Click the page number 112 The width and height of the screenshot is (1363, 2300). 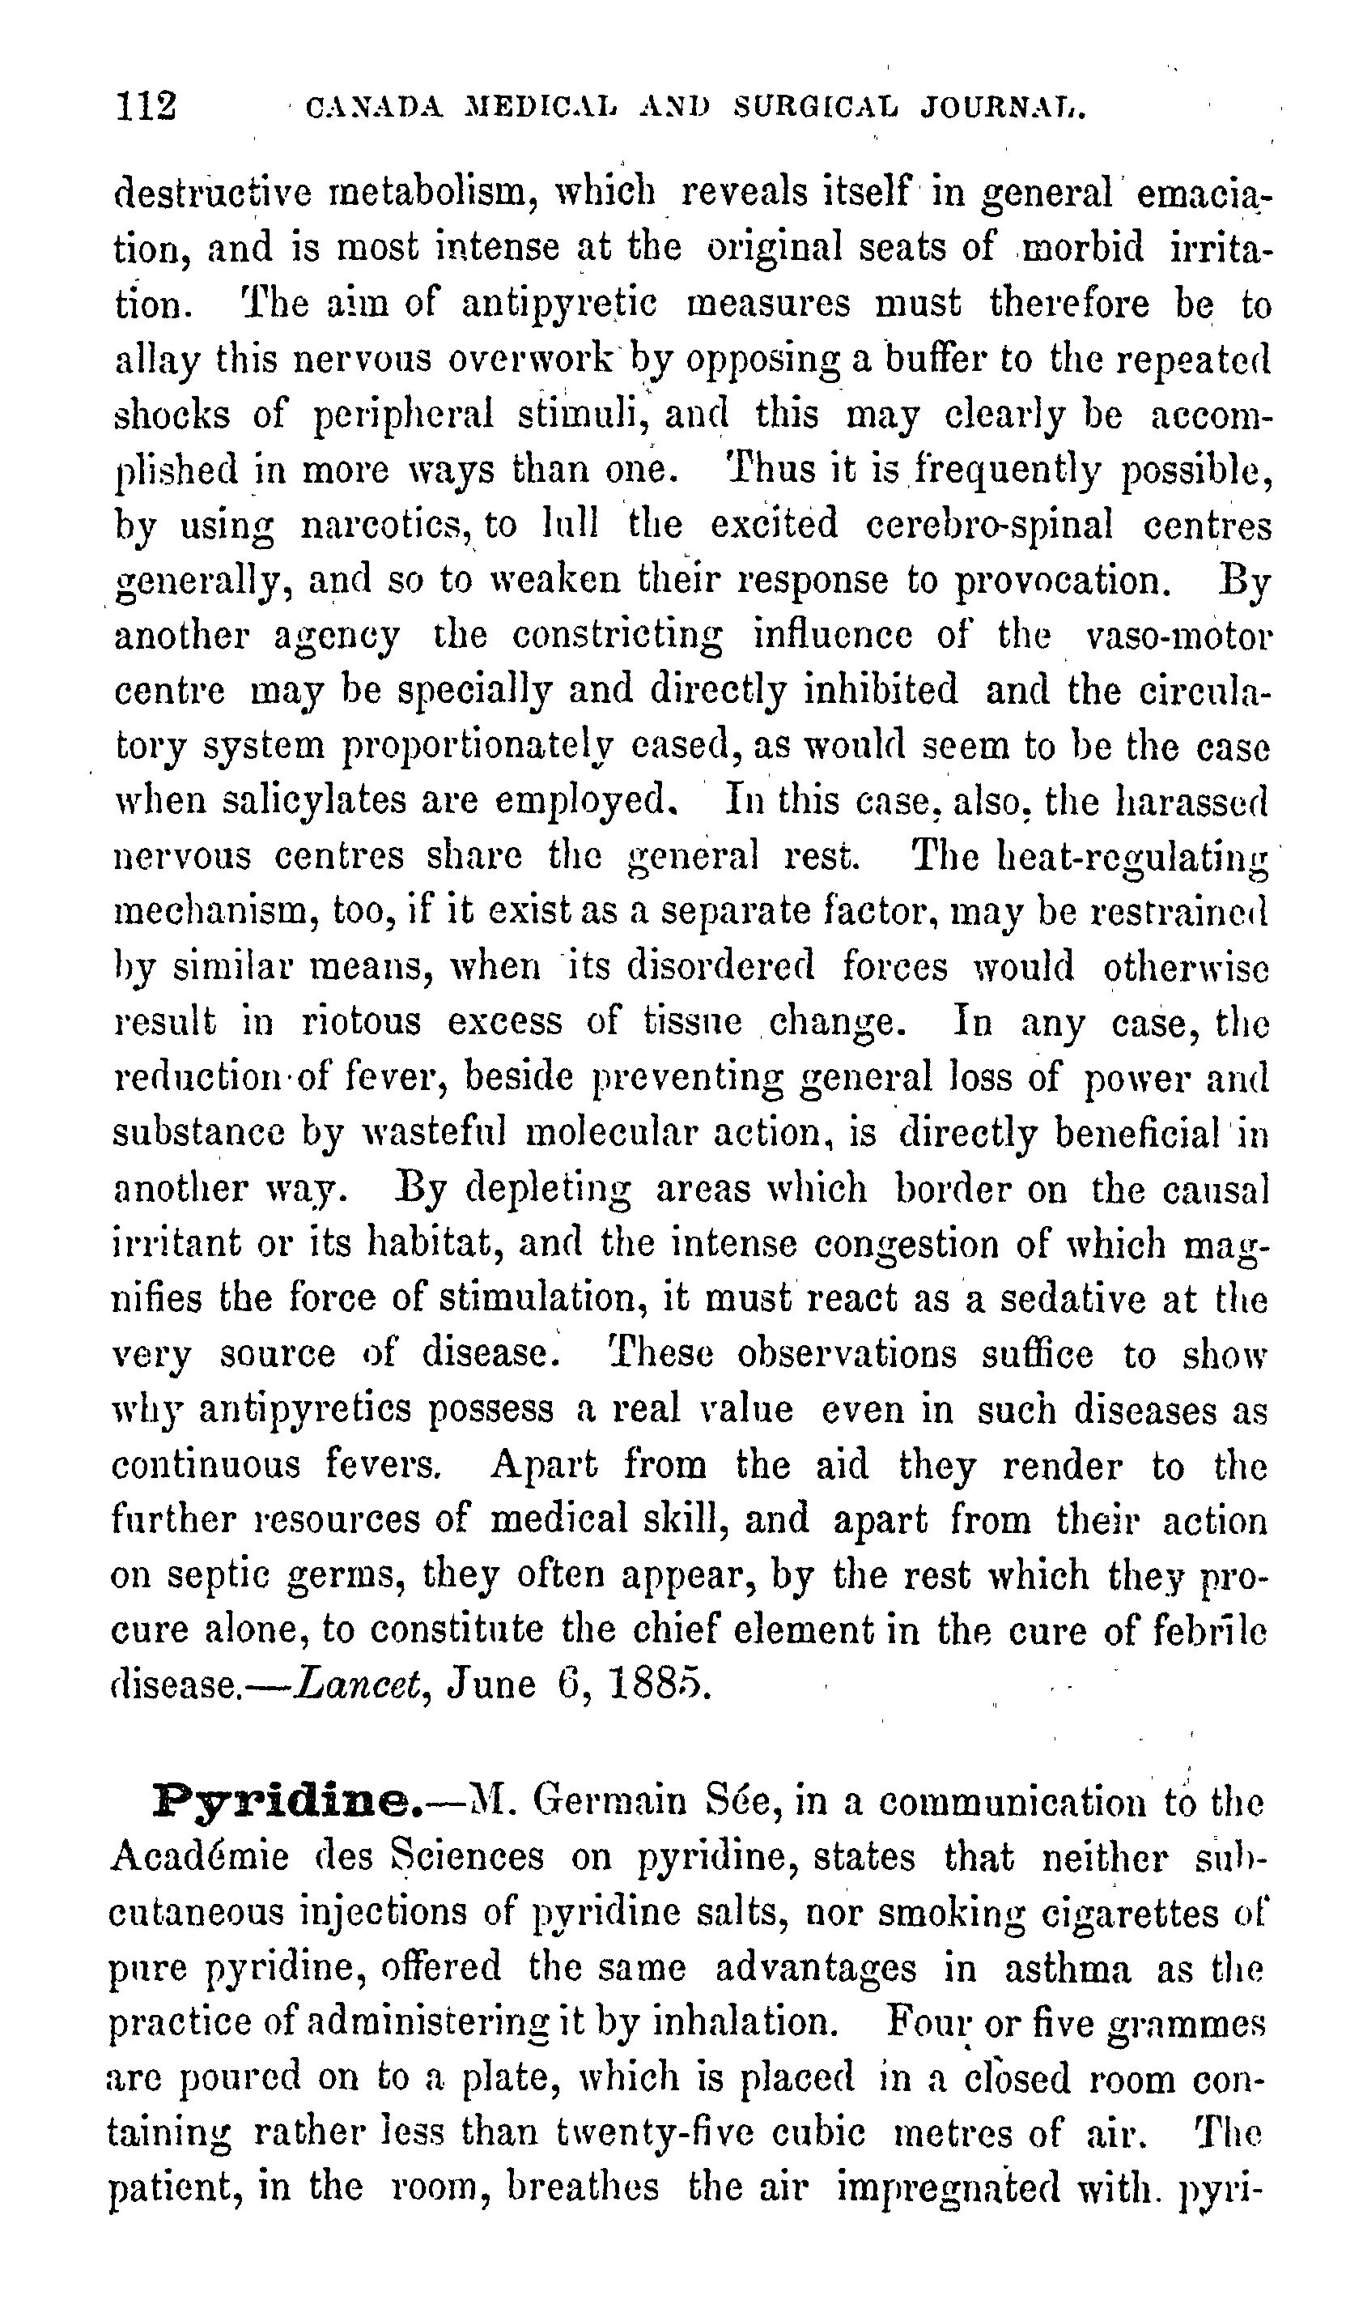coord(146,105)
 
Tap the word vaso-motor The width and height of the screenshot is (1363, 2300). coord(1178,636)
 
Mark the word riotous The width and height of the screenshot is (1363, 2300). coord(361,1022)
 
